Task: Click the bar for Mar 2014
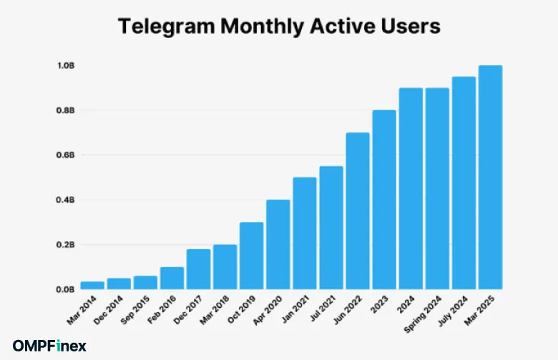click(92, 286)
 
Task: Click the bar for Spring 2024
click(437, 189)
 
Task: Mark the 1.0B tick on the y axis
click(67, 66)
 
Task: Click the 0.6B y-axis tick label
click(67, 155)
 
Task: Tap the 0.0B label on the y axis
click(67, 290)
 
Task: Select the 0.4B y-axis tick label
click(67, 200)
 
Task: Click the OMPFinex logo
click(49, 346)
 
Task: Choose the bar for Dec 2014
click(119, 284)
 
